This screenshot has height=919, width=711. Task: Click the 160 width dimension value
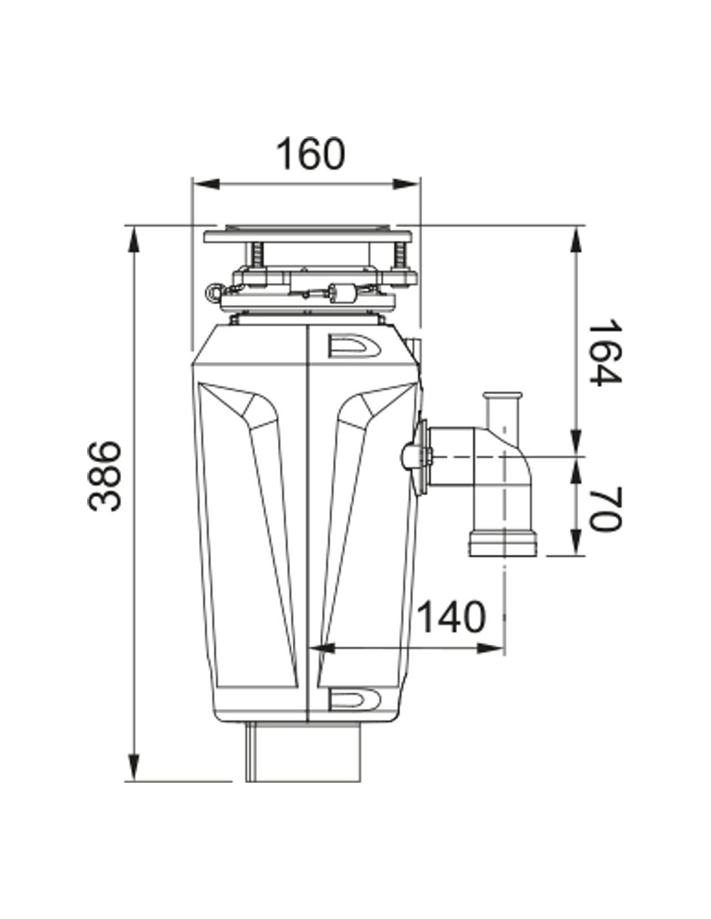click(311, 154)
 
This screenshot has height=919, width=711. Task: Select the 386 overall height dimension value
click(105, 476)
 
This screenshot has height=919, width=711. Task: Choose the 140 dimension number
click(451, 617)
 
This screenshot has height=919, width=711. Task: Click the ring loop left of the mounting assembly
click(214, 291)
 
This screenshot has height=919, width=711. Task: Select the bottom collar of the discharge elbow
click(502, 543)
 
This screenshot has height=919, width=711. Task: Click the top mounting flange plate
click(306, 234)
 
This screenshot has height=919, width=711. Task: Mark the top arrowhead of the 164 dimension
click(575, 240)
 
